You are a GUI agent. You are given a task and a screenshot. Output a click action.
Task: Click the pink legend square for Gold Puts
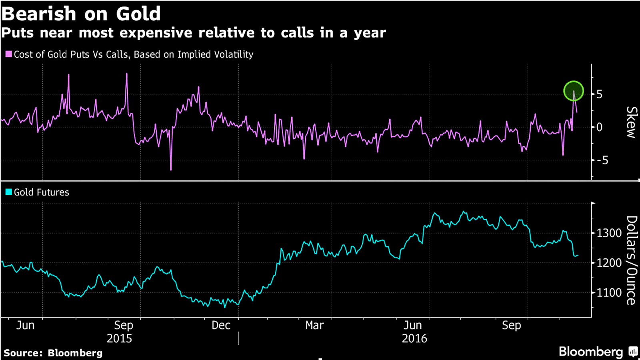(8, 54)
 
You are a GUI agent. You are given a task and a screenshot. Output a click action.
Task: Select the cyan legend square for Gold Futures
(8, 192)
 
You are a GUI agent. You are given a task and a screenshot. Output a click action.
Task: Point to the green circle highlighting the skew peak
(574, 91)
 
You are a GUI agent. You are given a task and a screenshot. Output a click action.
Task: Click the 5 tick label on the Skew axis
(599, 94)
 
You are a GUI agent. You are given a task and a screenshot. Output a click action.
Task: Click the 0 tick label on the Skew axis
(599, 127)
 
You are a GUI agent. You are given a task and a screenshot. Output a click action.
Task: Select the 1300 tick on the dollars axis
(609, 233)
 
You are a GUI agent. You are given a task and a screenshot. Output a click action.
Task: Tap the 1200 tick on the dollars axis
(609, 263)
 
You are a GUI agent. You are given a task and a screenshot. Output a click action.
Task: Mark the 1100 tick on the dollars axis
(609, 292)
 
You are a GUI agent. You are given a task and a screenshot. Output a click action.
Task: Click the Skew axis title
(631, 122)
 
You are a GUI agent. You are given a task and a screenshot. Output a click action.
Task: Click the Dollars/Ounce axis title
(631, 260)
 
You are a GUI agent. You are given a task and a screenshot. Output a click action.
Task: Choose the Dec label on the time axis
(221, 325)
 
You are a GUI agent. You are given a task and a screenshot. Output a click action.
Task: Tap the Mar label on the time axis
(314, 325)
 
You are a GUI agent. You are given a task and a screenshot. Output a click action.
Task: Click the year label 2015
(119, 338)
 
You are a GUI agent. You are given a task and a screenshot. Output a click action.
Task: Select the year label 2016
(414, 338)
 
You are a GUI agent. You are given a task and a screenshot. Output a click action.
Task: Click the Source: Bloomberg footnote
(53, 353)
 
